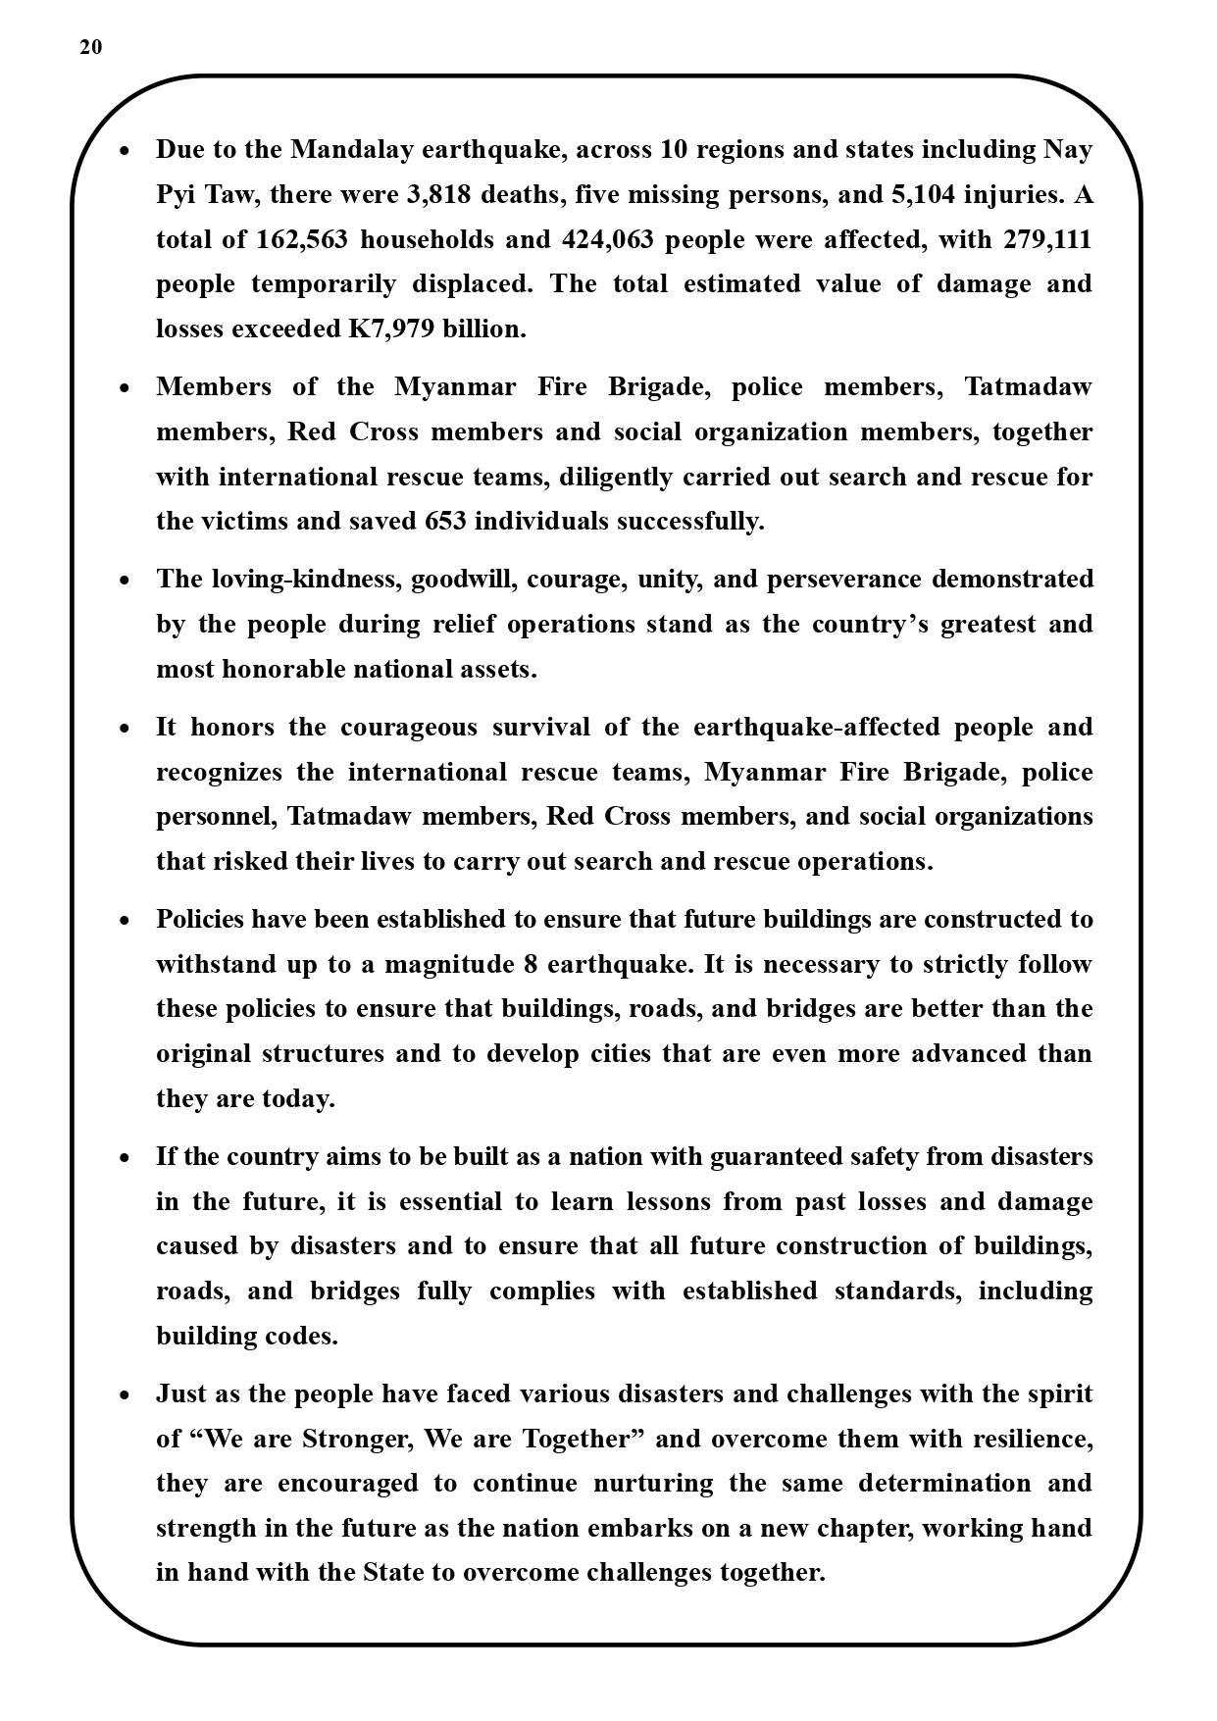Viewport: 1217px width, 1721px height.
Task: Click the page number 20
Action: coord(90,47)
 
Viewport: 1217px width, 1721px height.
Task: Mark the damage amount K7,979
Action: coord(391,329)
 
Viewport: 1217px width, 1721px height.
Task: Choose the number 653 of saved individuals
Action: coord(445,521)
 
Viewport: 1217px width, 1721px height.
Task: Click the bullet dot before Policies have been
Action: coord(124,921)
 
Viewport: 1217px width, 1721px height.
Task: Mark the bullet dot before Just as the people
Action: coord(124,1395)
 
